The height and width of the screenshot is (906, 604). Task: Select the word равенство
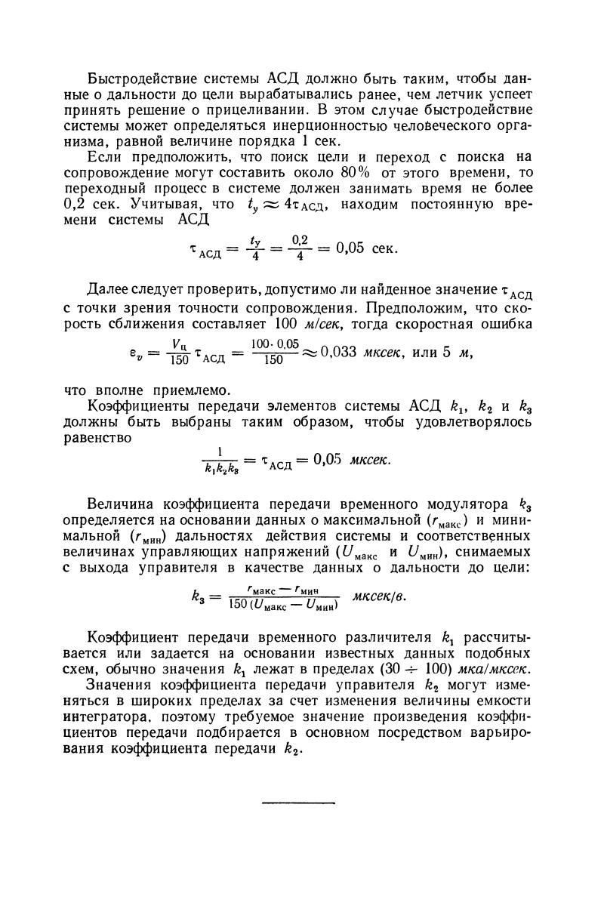point(96,439)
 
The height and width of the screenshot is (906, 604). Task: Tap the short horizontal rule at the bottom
point(298,802)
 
